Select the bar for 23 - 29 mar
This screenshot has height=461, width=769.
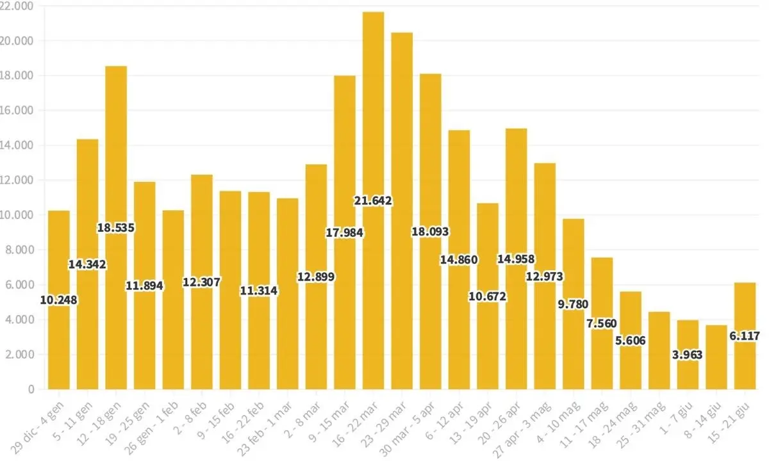click(x=402, y=211)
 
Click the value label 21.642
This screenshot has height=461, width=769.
click(x=373, y=201)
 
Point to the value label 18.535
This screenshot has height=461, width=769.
click(x=116, y=227)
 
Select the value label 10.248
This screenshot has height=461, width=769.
click(x=59, y=300)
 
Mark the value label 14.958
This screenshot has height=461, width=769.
click(x=516, y=259)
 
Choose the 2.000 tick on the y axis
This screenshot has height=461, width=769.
click(x=20, y=355)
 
